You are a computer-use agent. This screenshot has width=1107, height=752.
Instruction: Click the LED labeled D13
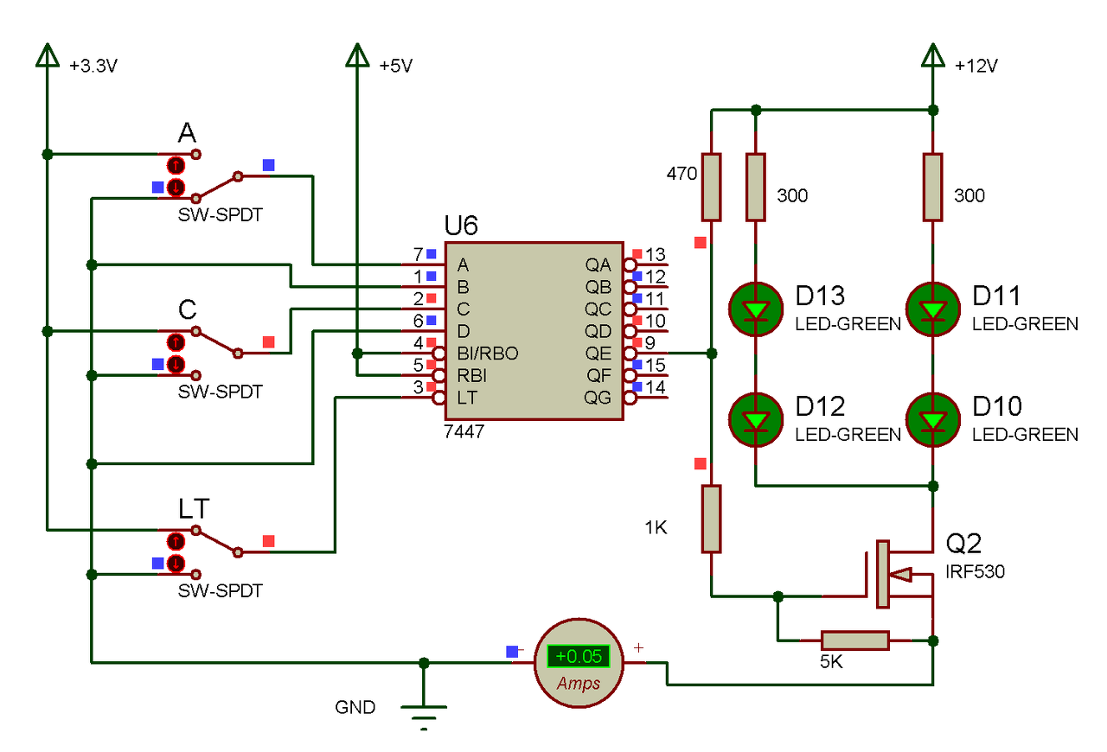click(756, 309)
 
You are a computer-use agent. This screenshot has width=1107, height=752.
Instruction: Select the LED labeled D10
click(932, 420)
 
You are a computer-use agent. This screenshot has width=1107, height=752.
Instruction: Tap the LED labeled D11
click(932, 309)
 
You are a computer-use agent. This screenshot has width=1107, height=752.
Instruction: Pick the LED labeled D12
click(756, 420)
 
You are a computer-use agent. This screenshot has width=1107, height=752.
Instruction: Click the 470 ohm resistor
click(711, 188)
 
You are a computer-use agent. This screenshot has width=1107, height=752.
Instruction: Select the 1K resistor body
click(711, 519)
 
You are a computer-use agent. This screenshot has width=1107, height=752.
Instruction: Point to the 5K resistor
click(855, 640)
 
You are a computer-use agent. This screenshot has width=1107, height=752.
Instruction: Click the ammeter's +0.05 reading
click(579, 656)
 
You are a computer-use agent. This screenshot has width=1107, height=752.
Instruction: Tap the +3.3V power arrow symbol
click(48, 54)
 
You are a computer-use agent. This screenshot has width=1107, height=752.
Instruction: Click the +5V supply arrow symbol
click(357, 54)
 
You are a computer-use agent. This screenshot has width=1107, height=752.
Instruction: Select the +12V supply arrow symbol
click(932, 54)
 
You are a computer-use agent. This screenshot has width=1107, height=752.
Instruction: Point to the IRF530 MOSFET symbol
click(890, 574)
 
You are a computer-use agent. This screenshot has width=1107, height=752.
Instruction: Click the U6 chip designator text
click(461, 226)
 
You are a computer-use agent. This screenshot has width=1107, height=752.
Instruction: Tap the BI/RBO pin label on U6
click(488, 354)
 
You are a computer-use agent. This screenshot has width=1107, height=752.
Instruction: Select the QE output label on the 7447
click(598, 354)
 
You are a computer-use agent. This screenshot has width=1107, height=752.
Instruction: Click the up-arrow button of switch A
click(176, 165)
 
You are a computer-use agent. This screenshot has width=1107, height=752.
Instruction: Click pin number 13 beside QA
click(656, 255)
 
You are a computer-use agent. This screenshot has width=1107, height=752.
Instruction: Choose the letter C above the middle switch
click(188, 309)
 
